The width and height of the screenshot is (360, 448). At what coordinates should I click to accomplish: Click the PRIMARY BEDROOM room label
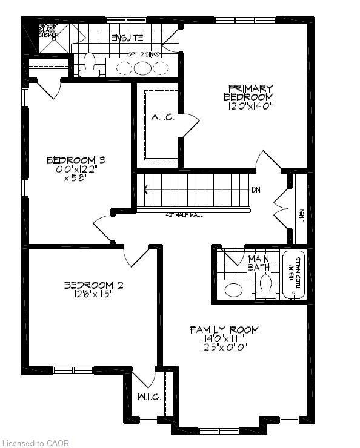(248, 92)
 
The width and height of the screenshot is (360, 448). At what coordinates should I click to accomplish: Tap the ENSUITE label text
(126, 38)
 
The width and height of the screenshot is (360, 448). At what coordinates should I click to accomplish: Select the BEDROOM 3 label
(76, 160)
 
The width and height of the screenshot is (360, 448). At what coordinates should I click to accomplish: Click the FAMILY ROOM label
(224, 330)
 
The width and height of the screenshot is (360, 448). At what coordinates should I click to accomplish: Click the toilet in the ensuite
(90, 65)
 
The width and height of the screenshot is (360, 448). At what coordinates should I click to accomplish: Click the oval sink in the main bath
(234, 290)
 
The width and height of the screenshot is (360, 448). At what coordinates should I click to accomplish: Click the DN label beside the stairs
(256, 190)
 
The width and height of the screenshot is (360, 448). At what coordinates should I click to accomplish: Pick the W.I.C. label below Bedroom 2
(148, 397)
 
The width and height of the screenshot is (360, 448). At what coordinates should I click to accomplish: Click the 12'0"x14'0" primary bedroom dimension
(248, 106)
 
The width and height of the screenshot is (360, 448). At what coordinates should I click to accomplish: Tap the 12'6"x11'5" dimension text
(88, 295)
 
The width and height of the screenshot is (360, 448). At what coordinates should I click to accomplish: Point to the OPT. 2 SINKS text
(144, 54)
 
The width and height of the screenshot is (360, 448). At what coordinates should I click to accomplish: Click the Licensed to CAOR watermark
(36, 443)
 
